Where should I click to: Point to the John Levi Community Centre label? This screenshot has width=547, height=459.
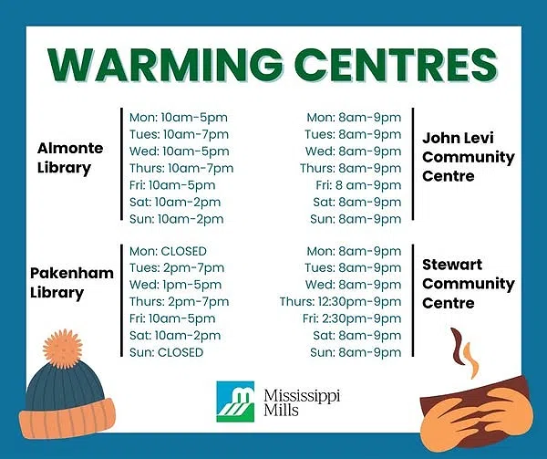[x=468, y=157]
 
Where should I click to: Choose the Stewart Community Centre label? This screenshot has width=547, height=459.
[x=468, y=283]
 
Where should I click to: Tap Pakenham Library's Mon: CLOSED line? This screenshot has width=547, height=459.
[x=168, y=251]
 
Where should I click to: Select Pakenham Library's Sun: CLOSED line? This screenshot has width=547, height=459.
[x=166, y=352]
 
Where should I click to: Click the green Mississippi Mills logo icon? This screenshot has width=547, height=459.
[x=233, y=398]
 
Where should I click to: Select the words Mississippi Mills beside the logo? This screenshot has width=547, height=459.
[x=295, y=399]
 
